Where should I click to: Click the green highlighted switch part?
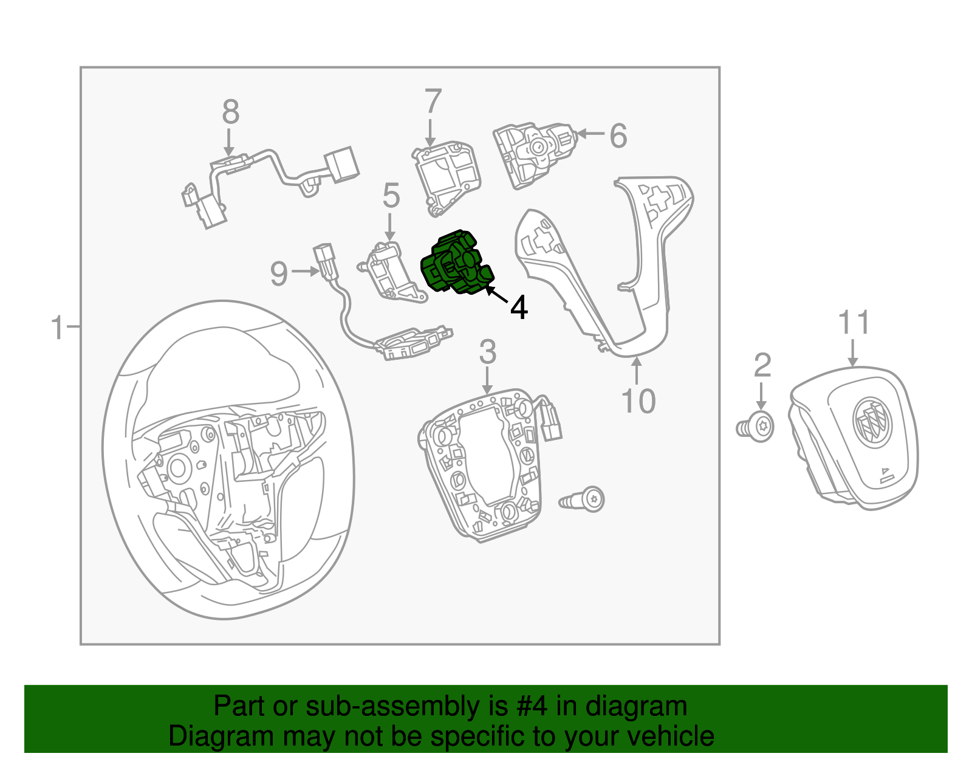click(x=457, y=264)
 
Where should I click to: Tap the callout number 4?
click(x=519, y=308)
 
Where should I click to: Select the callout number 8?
click(x=230, y=112)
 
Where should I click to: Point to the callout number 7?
click(x=433, y=101)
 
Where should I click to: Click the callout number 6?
click(x=618, y=136)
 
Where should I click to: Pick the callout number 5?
click(x=391, y=196)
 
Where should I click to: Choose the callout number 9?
click(x=279, y=273)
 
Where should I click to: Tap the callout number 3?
click(x=488, y=352)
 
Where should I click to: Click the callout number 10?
click(x=638, y=401)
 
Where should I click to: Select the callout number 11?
click(x=854, y=322)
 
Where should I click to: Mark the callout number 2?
click(x=762, y=365)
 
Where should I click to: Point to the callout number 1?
click(x=57, y=328)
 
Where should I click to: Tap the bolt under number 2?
click(x=755, y=427)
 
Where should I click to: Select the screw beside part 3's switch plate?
click(x=582, y=500)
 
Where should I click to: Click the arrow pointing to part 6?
click(x=590, y=134)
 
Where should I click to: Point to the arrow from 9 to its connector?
click(x=305, y=271)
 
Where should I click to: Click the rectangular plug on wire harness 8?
click(x=341, y=165)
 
